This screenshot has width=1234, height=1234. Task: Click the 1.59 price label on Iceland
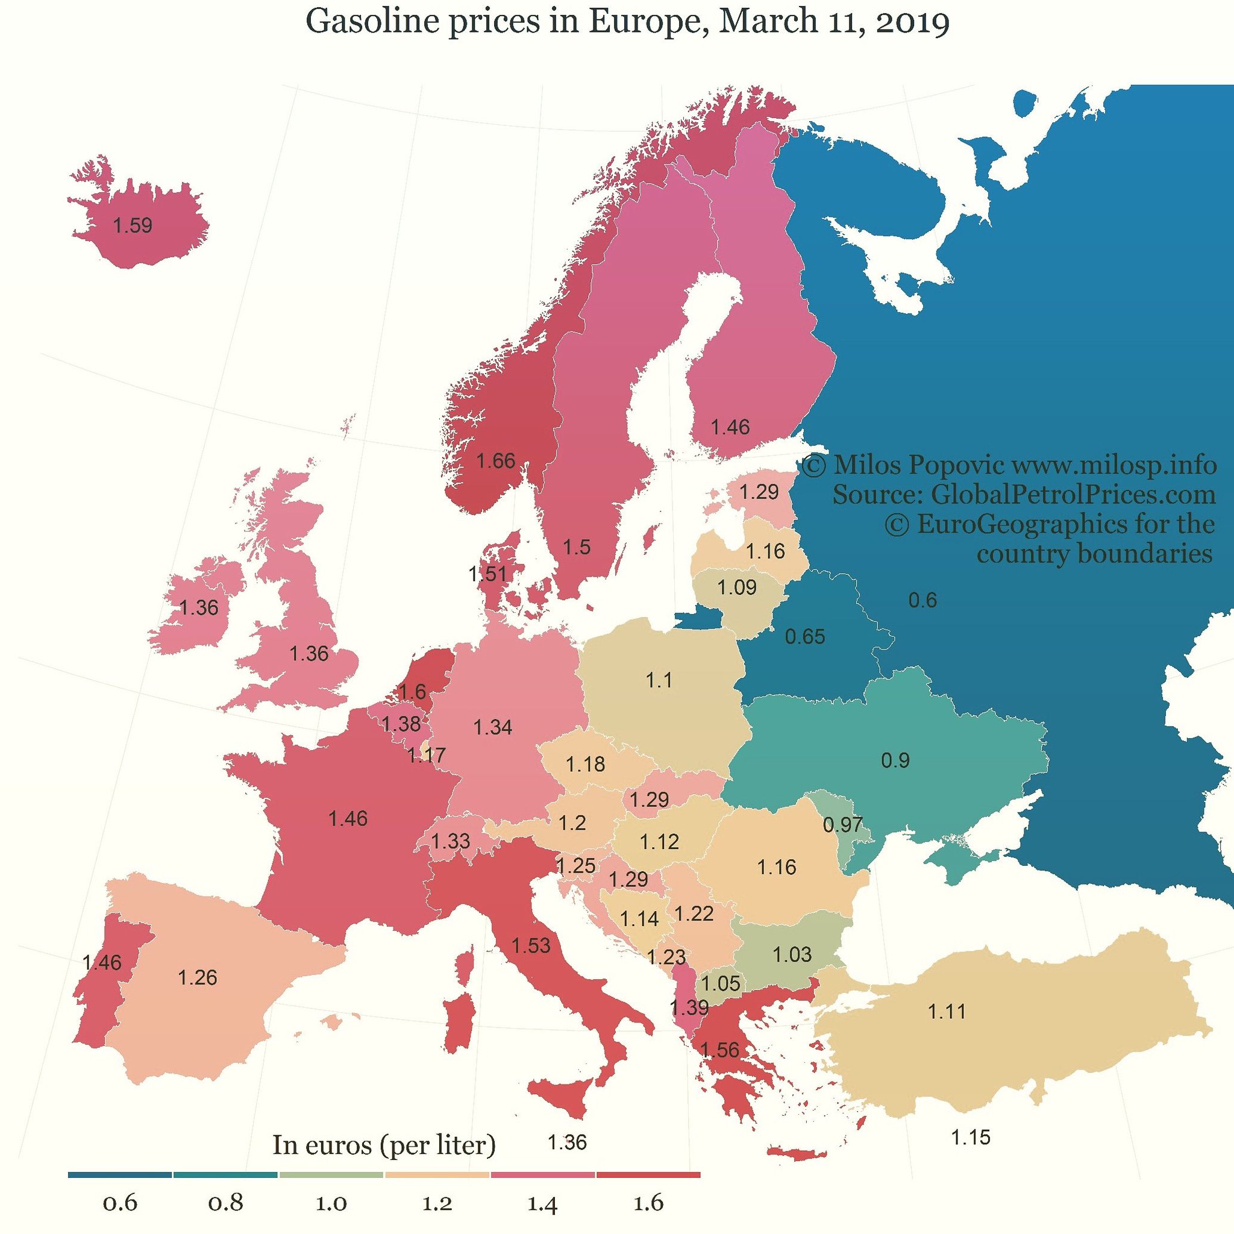pos(132,225)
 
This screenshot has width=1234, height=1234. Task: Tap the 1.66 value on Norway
pos(496,460)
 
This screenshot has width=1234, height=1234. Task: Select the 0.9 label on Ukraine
pos(895,760)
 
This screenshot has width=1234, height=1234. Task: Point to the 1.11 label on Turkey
pos(947,1011)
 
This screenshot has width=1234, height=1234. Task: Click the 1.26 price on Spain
pos(198,977)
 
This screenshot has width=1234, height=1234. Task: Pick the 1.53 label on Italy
pos(531,945)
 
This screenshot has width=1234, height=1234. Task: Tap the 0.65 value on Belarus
pos(805,637)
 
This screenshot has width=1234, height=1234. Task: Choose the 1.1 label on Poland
pos(659,680)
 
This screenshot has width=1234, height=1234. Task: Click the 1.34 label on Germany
pos(492,727)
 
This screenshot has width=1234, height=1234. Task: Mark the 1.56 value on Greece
pos(720,1050)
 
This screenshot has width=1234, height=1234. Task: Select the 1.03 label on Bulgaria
pos(792,954)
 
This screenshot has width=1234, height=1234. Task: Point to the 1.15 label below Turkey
pos(970,1137)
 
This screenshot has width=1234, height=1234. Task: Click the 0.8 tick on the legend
pos(226,1203)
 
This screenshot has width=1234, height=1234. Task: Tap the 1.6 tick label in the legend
pos(648,1203)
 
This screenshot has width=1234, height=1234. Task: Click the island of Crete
pos(797,1153)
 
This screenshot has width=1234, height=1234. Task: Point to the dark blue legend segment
pos(119,1174)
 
